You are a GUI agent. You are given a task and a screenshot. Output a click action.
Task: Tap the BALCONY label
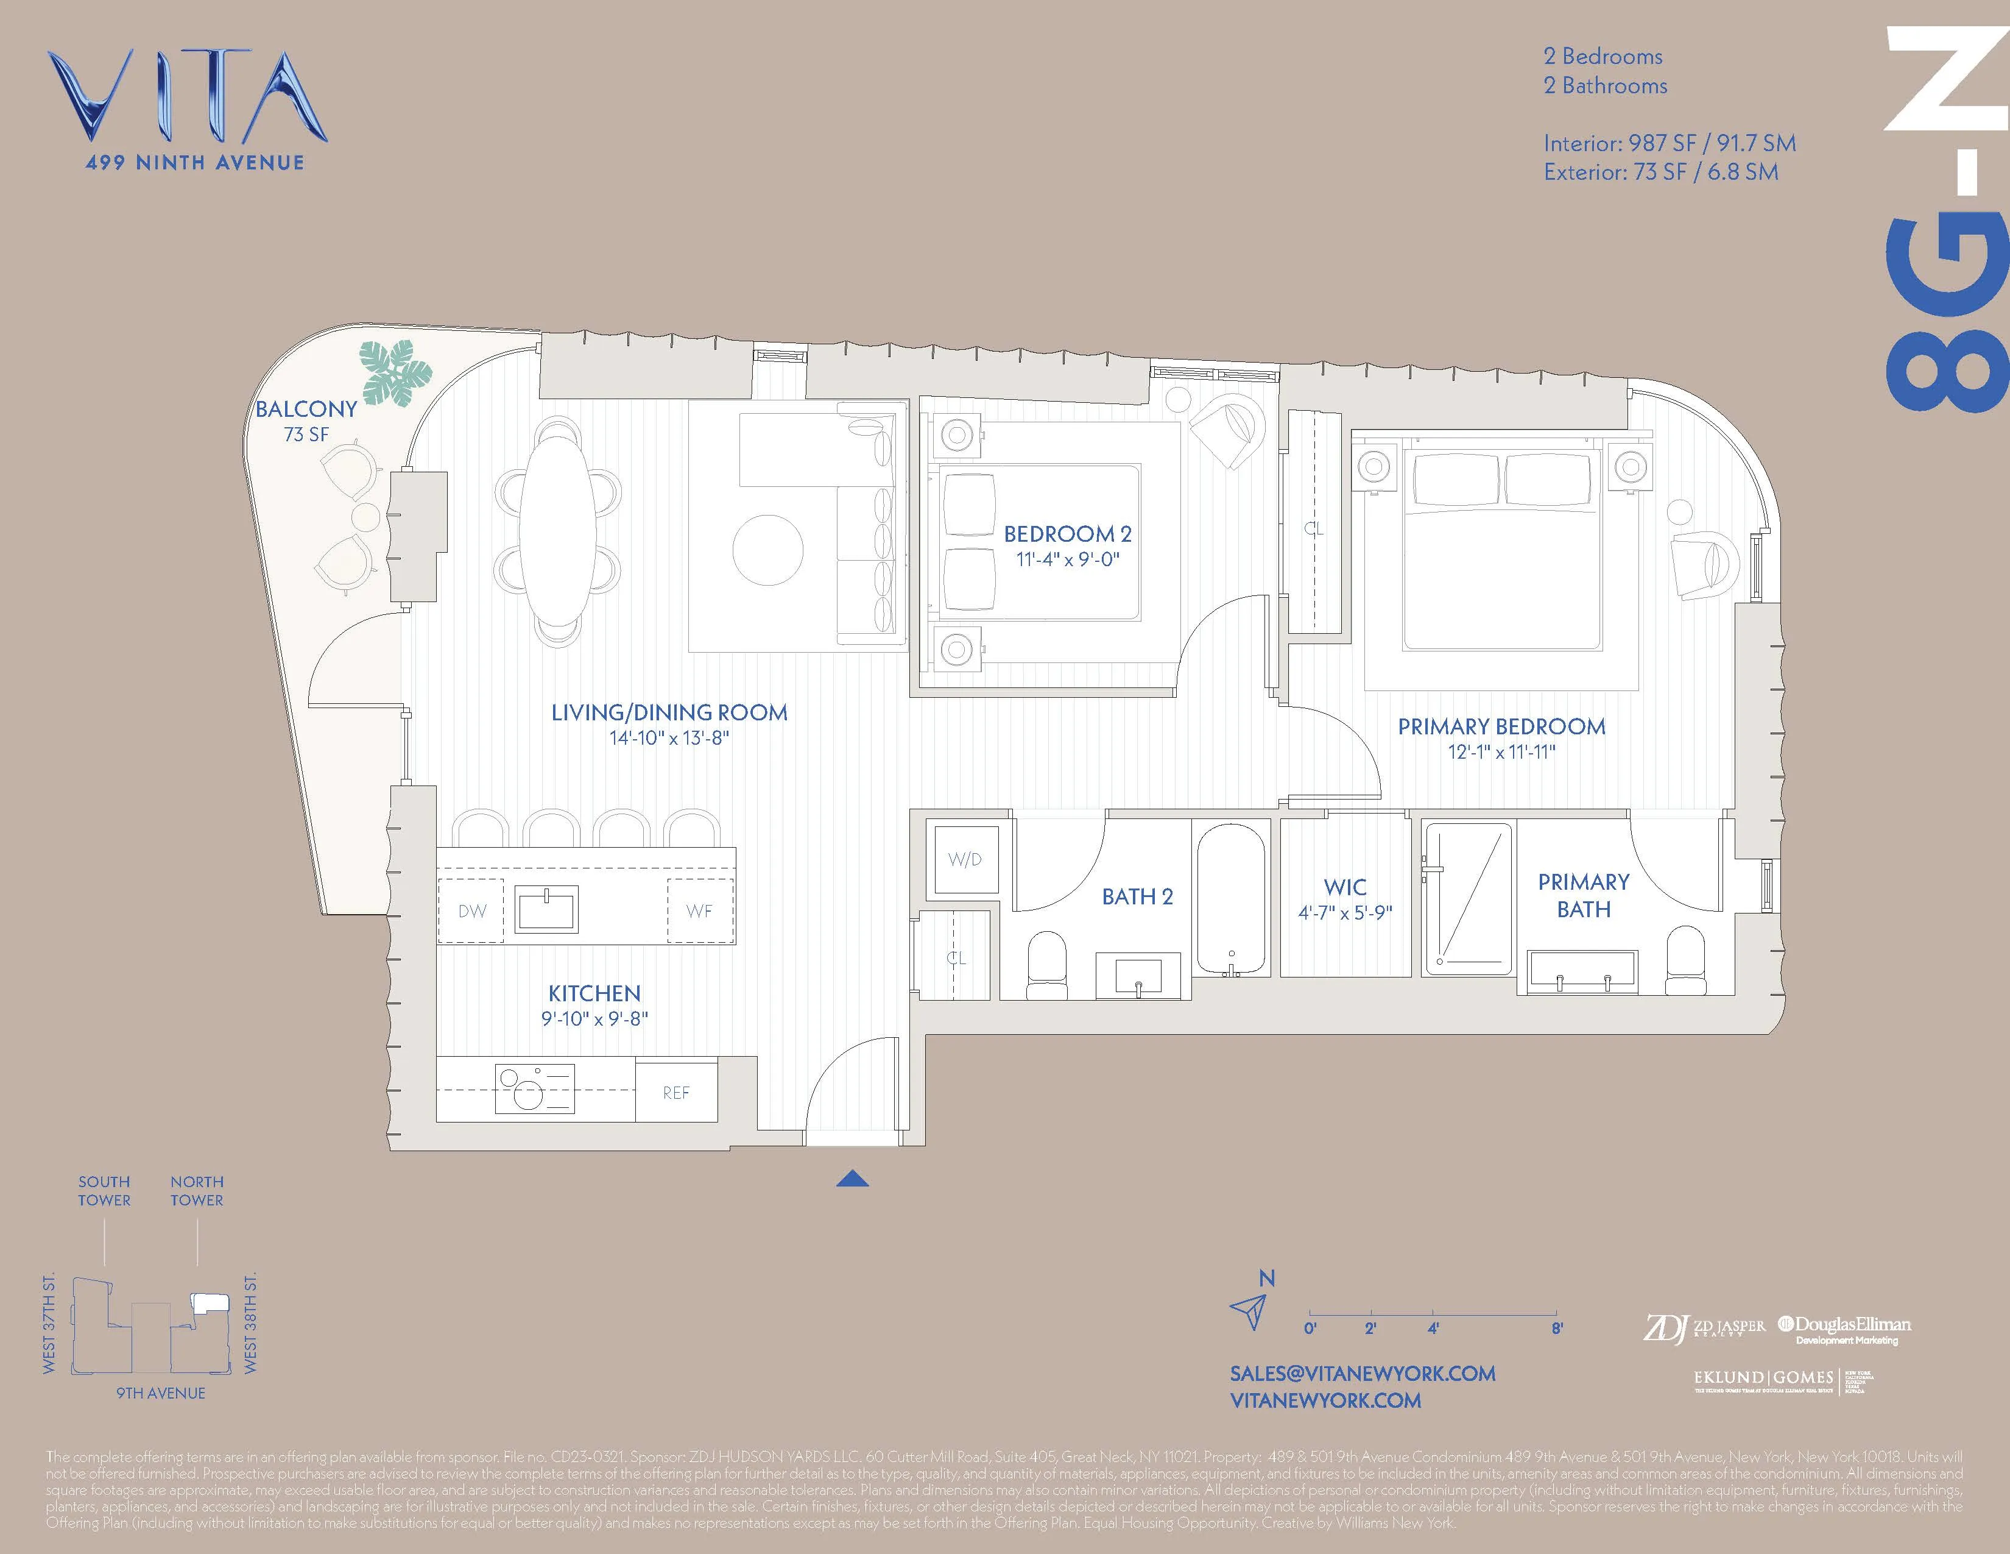(x=306, y=410)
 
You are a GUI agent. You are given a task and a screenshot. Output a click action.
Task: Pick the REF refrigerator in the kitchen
(x=675, y=1093)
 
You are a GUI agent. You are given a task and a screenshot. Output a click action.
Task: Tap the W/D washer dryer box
(x=965, y=860)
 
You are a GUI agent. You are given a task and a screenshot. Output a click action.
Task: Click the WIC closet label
(x=1345, y=887)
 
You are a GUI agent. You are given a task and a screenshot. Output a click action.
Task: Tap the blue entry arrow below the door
(x=852, y=1179)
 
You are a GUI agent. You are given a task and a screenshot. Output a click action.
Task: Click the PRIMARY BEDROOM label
(x=1501, y=726)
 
